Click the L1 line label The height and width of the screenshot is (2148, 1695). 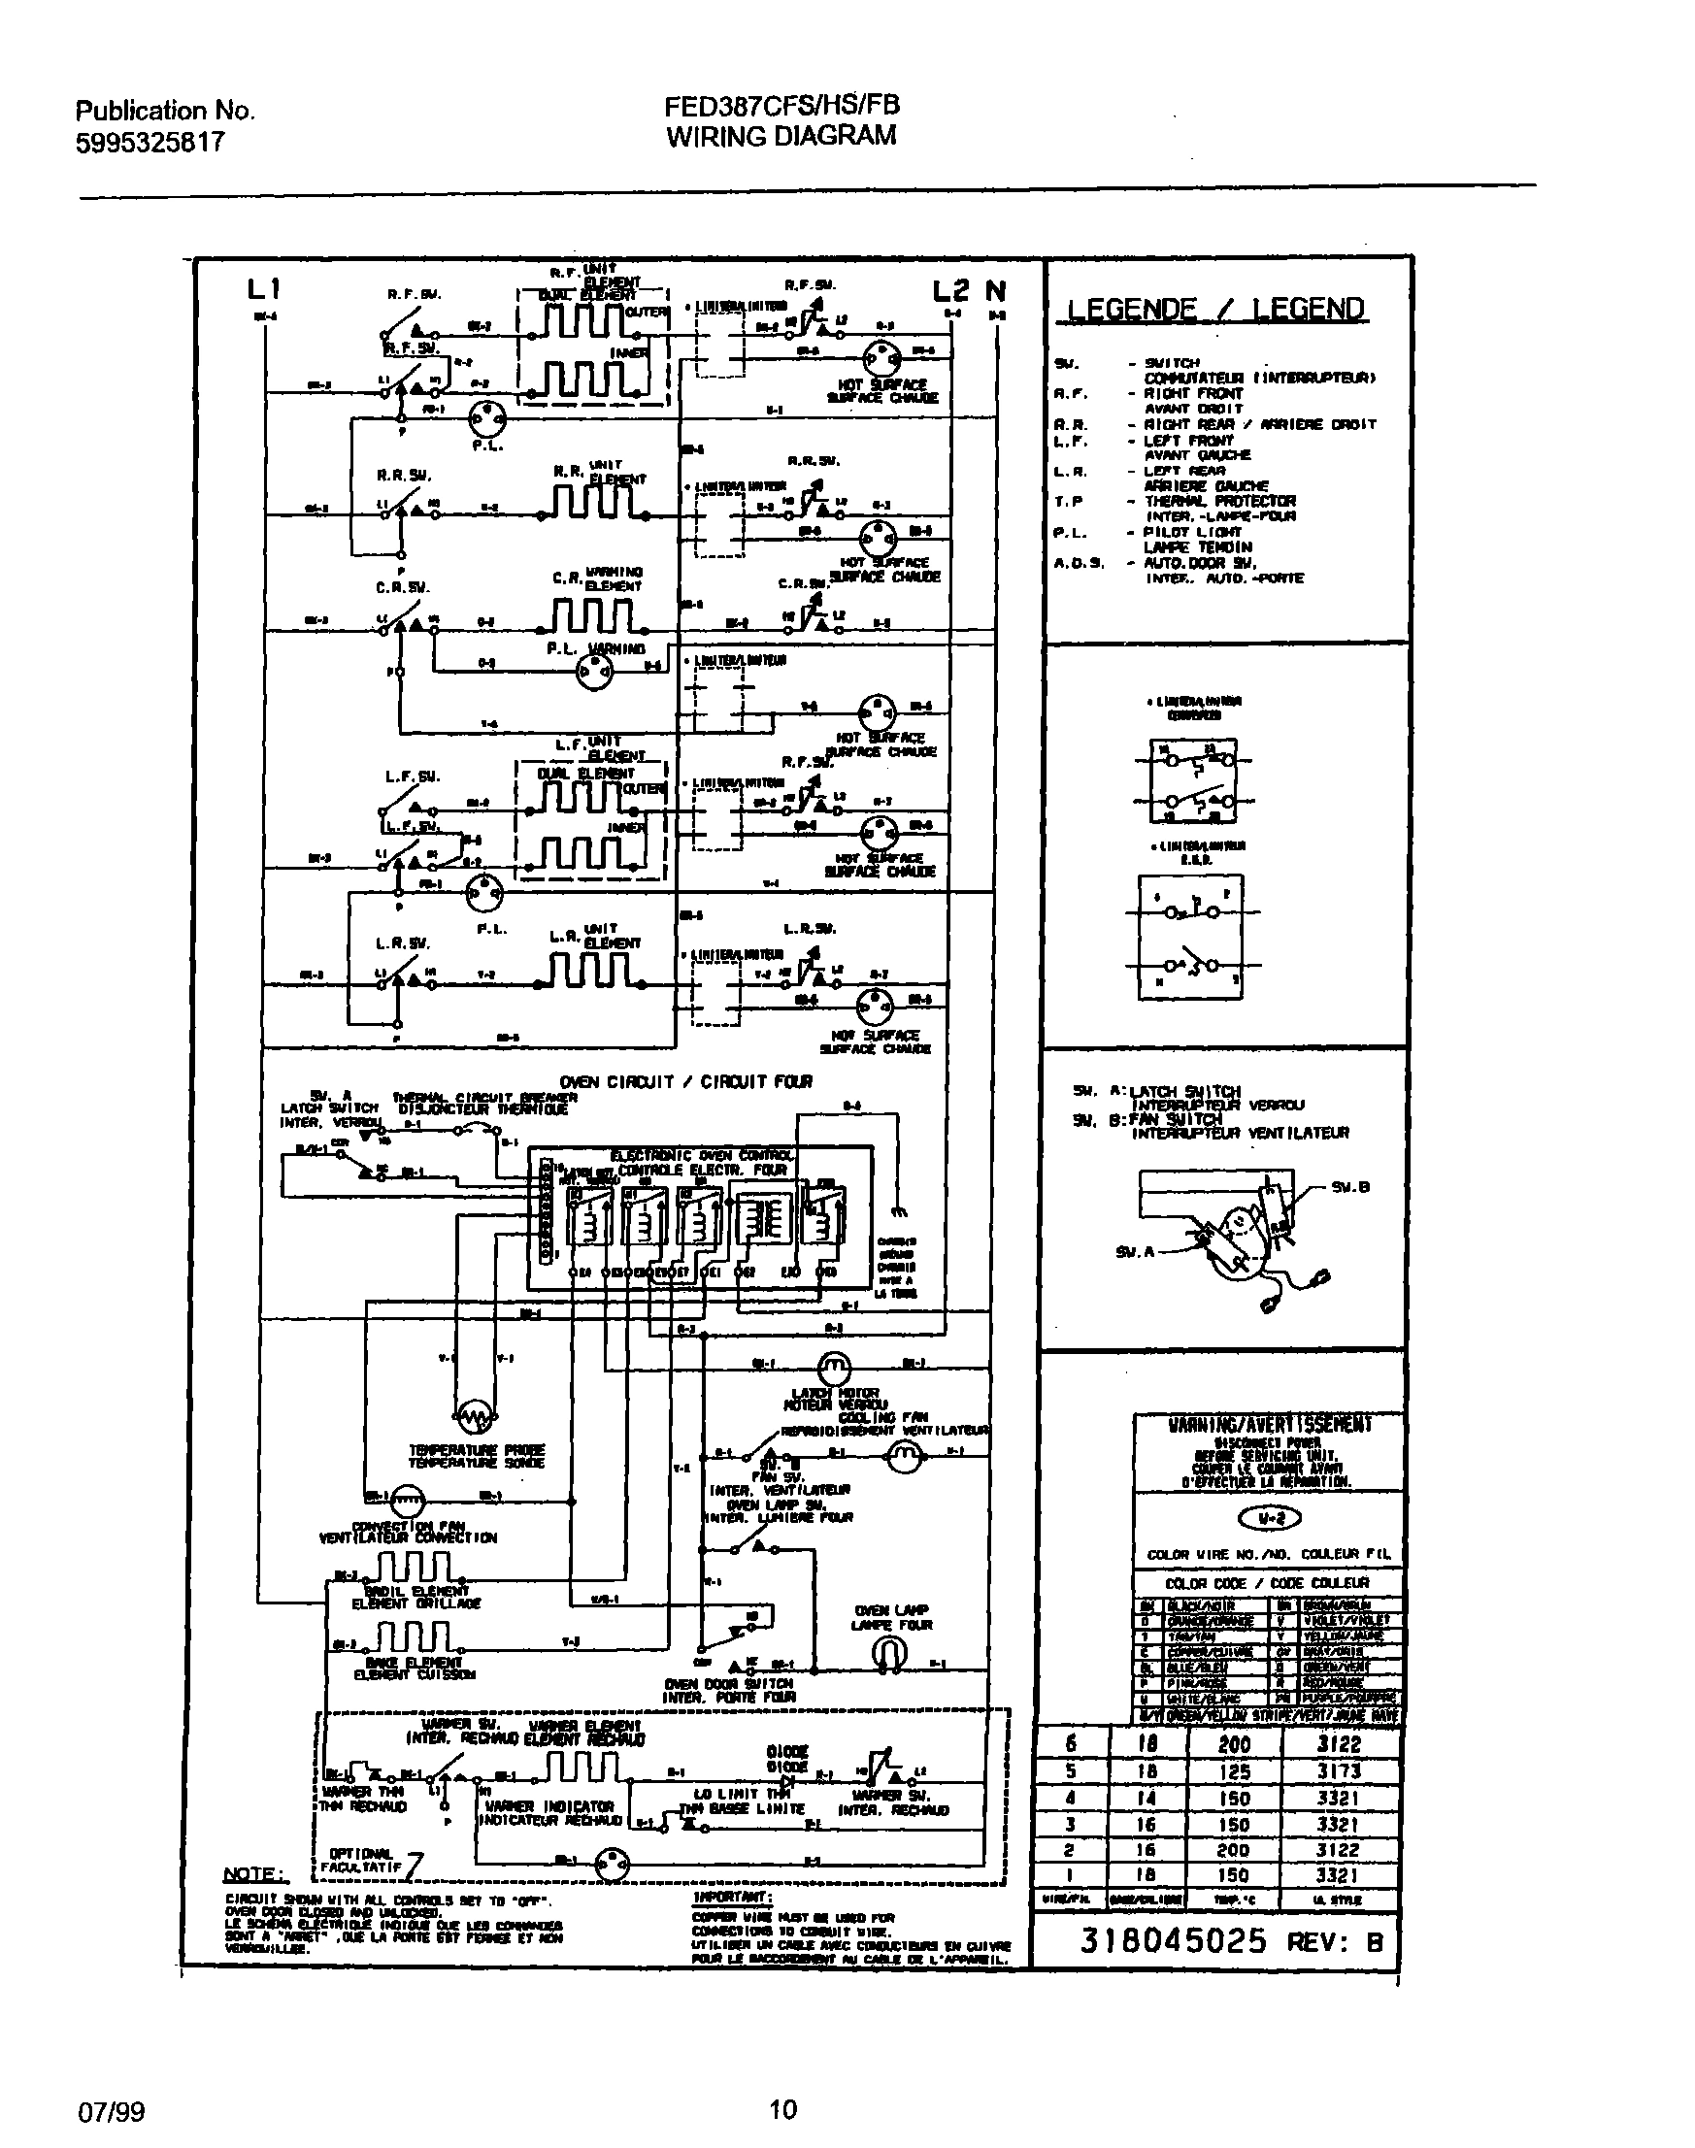click(x=264, y=288)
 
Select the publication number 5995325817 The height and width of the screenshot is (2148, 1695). click(x=150, y=143)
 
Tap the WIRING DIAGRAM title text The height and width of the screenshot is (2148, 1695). click(x=781, y=136)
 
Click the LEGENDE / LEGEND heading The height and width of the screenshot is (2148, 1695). click(x=1215, y=309)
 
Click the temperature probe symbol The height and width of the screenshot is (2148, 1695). click(x=476, y=1414)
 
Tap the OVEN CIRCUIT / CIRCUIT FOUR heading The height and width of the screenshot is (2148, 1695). click(x=685, y=1081)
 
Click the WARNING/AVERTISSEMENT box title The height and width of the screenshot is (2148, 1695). click(x=1269, y=1425)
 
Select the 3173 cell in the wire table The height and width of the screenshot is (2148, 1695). click(x=1341, y=1771)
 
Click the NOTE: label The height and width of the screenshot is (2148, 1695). click(x=255, y=1873)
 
